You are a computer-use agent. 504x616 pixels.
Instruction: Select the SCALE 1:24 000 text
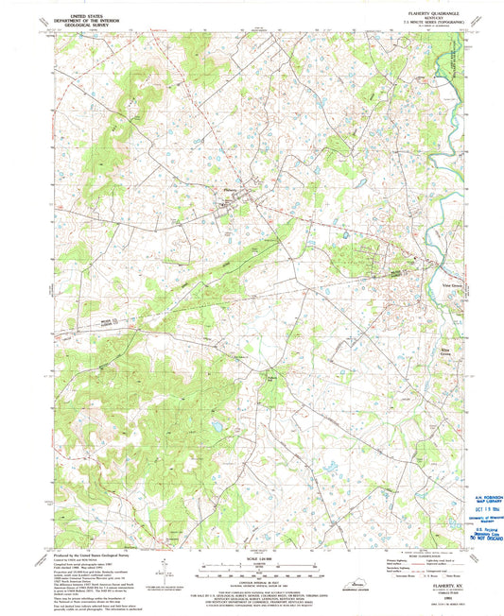[248, 558]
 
